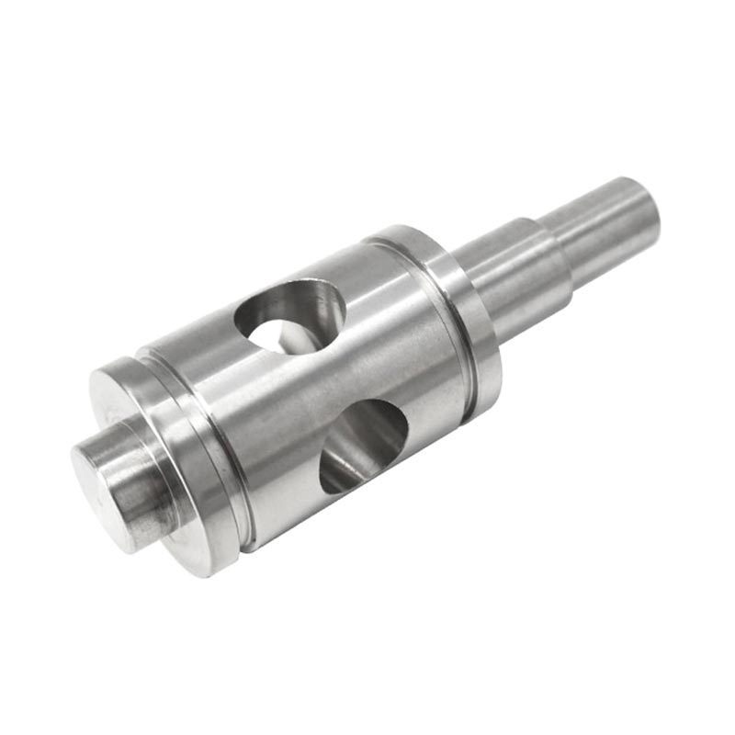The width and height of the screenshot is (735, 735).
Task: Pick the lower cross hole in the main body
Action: (363, 446)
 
